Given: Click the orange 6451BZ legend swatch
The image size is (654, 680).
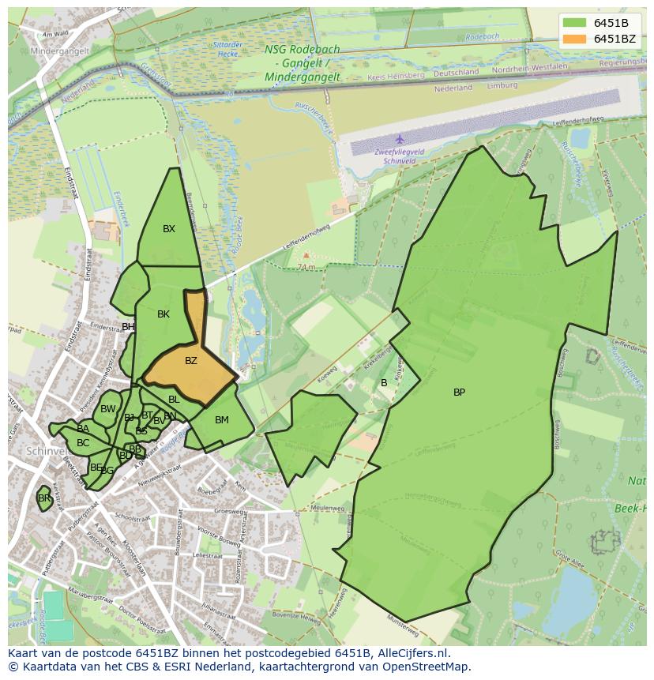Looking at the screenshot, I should (576, 39).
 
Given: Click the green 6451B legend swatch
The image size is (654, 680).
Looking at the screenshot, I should (576, 22).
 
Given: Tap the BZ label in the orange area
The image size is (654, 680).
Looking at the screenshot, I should (190, 361).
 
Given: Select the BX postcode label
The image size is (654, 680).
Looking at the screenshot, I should (169, 229).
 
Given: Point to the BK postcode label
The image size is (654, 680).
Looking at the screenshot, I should (163, 314).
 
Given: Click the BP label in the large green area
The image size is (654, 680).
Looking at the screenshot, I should (459, 393).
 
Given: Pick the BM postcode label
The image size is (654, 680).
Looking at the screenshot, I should (222, 420).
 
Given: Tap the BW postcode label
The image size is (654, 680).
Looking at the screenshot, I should (108, 409).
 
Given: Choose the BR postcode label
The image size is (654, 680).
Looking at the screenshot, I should (44, 498).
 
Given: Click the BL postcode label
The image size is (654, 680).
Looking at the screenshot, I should (174, 400).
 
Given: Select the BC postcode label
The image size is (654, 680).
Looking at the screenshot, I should (83, 443).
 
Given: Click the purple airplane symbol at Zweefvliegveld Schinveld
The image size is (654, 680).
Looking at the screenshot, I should (400, 139).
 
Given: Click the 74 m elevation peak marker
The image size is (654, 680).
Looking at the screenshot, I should (306, 256).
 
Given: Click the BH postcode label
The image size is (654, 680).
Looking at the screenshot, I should (128, 327).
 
